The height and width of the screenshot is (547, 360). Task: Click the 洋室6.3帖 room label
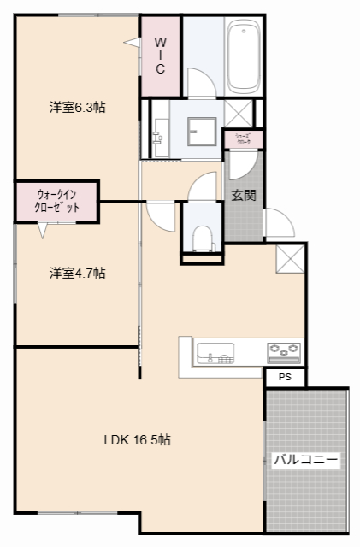click(77, 108)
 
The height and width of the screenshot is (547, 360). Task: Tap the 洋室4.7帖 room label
click(77, 273)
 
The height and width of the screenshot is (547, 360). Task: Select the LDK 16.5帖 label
click(137, 440)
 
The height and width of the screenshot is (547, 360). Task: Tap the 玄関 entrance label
click(243, 195)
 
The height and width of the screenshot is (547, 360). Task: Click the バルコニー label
click(306, 460)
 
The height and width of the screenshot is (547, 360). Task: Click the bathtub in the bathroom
click(245, 58)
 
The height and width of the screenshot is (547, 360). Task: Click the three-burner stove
click(283, 350)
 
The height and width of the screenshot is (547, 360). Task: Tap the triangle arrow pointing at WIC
click(132, 42)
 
